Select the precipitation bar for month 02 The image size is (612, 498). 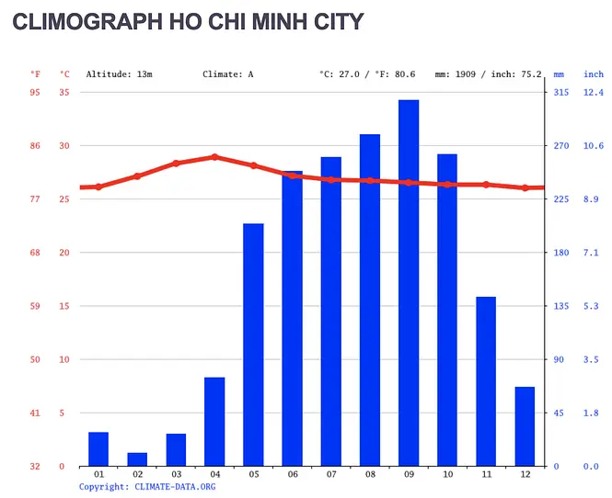[137, 458]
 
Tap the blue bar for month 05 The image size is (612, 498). [253, 345]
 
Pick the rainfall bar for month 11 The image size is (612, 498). [486, 380]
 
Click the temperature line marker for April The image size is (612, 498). [214, 157]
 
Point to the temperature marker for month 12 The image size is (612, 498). [525, 187]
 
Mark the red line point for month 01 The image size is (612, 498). [98, 187]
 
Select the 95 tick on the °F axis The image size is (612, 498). [35, 92]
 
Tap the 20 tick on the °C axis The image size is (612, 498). [64, 253]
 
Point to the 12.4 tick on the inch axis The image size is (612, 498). [594, 92]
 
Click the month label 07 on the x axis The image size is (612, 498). [331, 474]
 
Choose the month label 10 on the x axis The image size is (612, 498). [447, 474]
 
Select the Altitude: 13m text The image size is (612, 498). [119, 74]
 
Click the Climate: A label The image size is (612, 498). [227, 74]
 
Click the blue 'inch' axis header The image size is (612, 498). [594, 74]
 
